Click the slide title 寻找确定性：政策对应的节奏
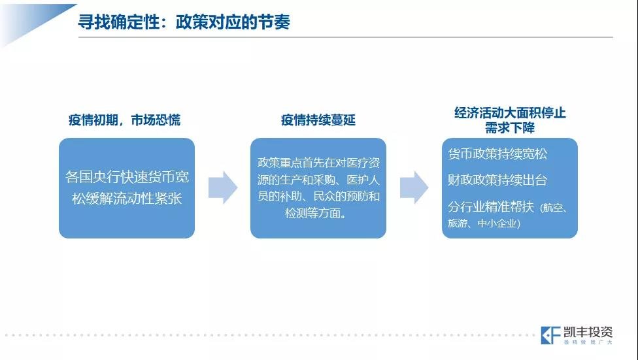pos(184,22)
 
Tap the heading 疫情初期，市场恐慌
pos(124,120)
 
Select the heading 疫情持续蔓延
pos(318,120)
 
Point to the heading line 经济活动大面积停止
pos(510,112)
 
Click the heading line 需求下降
pos(510,127)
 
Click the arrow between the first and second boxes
pos(223,188)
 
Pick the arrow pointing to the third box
pos(414,188)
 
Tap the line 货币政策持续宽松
pos(497,154)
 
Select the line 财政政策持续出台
pos(497,180)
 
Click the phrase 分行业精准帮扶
pos(491,206)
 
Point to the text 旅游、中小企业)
pos(484,223)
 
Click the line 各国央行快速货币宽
pos(127,177)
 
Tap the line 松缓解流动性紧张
pos(127,199)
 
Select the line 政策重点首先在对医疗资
pos(318,163)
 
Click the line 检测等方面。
pos(316,213)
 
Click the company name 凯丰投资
pos(588,332)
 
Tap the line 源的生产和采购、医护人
pos(318,180)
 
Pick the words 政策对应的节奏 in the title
pos(233,22)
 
